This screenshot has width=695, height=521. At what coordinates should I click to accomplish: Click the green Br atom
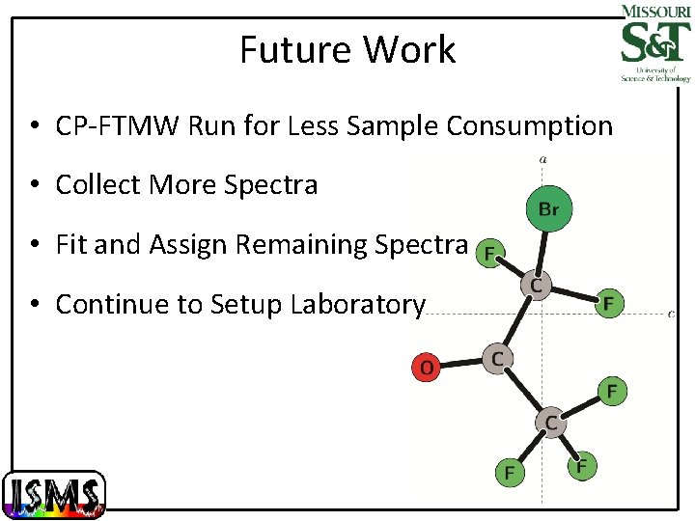(547, 208)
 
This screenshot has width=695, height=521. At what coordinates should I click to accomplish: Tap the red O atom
(426, 367)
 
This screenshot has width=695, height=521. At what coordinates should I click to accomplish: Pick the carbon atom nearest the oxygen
(496, 358)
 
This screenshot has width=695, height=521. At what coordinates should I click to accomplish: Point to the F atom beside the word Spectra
(489, 254)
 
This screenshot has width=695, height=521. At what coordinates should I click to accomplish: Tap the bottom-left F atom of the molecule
(508, 473)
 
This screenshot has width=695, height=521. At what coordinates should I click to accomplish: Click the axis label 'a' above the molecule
(543, 159)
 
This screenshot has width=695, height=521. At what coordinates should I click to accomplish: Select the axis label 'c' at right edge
(671, 313)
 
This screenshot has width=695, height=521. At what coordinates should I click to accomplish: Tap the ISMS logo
(54, 494)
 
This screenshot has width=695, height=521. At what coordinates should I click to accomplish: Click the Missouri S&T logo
(654, 42)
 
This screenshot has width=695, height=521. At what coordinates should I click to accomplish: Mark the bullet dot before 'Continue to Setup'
(34, 306)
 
